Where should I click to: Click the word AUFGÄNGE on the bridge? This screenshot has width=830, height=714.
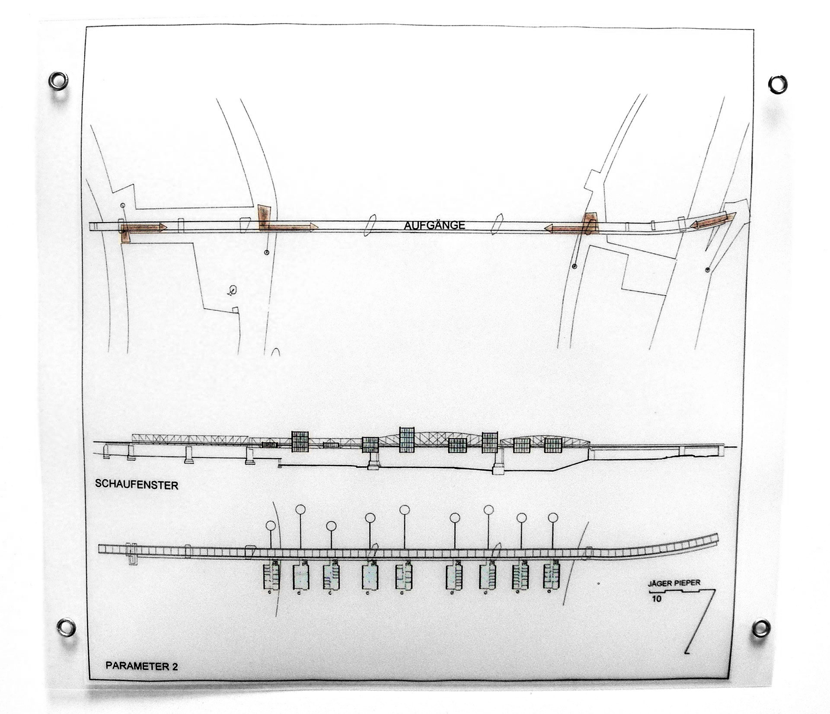434,225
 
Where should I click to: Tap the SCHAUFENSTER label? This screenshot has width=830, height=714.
137,484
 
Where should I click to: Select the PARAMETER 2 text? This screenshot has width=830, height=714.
142,666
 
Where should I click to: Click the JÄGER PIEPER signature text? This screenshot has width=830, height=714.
674,583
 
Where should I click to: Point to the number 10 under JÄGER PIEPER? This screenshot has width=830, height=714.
657,599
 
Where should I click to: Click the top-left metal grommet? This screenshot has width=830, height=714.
58,81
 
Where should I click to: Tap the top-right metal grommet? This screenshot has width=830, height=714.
778,84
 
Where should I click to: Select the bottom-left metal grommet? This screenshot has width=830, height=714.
67,627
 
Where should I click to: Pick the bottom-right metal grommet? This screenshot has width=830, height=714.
761,628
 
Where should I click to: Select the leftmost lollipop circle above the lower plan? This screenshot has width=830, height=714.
271,525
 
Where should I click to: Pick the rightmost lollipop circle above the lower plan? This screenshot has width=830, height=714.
553,517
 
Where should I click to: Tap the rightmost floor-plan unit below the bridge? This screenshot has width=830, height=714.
552,575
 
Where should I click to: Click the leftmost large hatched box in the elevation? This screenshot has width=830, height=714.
300,441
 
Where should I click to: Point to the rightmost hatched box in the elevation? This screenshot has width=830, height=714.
552,445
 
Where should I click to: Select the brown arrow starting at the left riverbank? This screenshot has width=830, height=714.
289,226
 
